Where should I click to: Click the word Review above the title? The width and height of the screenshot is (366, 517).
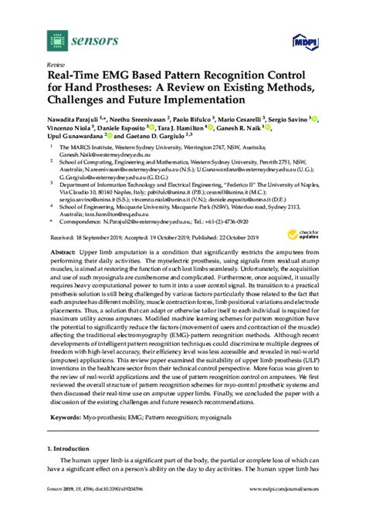[56, 66]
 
